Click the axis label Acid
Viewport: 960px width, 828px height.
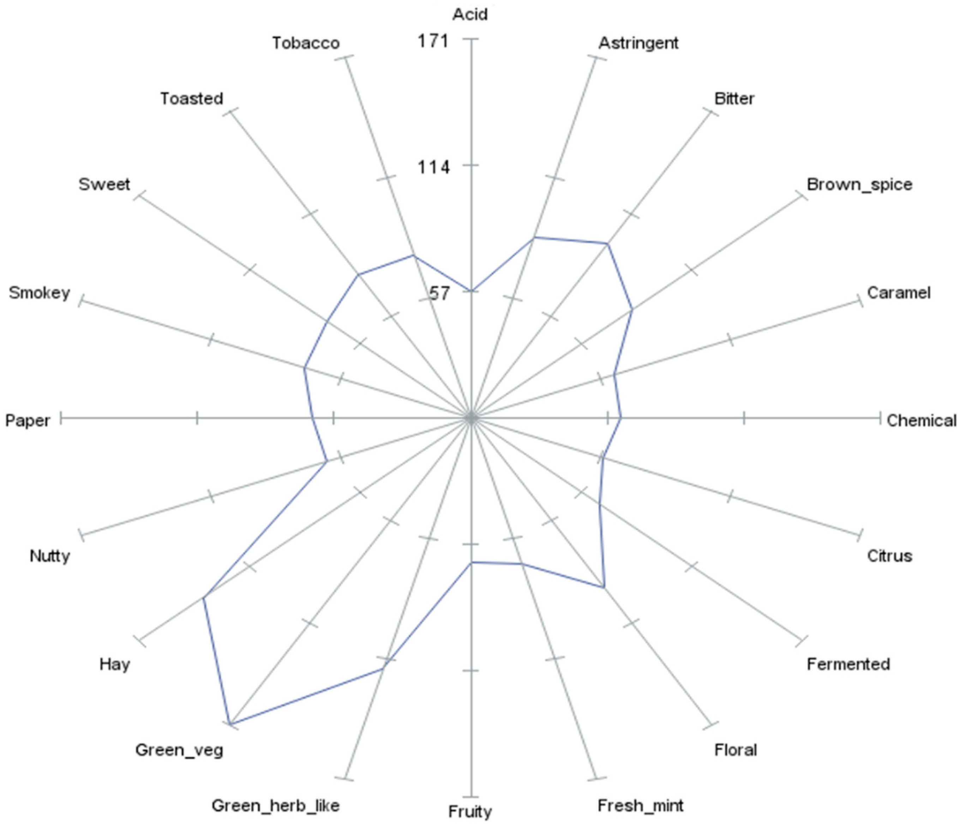click(470, 14)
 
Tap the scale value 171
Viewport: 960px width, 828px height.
click(433, 41)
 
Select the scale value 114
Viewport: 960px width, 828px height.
click(433, 167)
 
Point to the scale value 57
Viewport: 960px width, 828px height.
click(439, 293)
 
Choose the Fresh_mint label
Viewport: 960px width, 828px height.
click(640, 805)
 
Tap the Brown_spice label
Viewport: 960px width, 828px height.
click(859, 185)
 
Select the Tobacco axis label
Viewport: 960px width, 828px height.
click(306, 43)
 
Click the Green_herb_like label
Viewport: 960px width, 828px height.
click(276, 806)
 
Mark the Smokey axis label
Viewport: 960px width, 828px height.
click(40, 293)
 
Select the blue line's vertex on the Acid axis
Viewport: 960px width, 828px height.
click(472, 291)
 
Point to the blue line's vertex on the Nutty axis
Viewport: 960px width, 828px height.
click(327, 461)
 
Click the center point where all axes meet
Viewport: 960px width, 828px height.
click(472, 418)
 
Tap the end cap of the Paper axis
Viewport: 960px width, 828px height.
click(61, 418)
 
